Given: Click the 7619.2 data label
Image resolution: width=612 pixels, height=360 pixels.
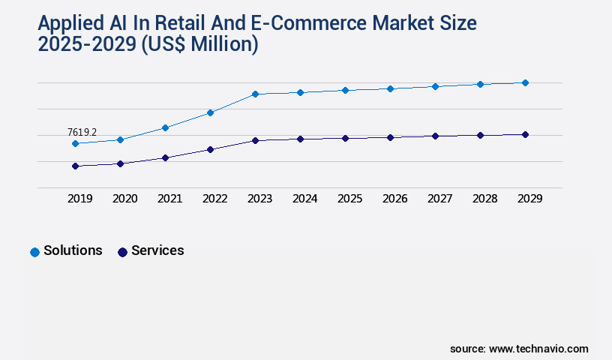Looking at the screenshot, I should [82, 132].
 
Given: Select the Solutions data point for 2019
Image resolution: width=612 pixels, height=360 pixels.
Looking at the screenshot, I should [75, 143].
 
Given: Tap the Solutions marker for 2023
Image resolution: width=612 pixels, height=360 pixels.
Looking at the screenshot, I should [255, 94].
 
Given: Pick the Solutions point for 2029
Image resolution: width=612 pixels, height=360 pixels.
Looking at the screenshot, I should [525, 82].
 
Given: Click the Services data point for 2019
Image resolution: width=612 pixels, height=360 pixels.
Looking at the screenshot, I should [75, 166].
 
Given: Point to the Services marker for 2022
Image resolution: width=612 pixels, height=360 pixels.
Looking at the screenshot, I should [210, 149].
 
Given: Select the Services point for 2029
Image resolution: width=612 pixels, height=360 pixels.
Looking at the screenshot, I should [525, 134].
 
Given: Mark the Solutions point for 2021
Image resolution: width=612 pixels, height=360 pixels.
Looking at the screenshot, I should [165, 127].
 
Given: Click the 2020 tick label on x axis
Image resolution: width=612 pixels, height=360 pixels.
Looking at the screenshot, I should [124, 199].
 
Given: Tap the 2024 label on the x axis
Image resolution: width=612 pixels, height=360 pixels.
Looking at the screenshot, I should [304, 199].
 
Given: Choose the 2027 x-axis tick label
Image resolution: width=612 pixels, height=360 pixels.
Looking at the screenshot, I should [439, 199].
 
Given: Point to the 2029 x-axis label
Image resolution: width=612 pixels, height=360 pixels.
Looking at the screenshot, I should [529, 199].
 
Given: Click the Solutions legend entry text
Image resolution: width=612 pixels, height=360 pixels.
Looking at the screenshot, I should [73, 250].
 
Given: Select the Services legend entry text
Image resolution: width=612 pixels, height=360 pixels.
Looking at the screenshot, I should [157, 250].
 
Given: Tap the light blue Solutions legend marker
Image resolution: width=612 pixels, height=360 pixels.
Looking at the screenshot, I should [34, 252].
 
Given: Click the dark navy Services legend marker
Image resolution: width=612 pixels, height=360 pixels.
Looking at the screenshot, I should [122, 252].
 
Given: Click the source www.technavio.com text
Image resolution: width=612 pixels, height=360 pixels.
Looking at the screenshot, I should [519, 349].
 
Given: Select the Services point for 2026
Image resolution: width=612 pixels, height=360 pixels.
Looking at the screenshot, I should [390, 137].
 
